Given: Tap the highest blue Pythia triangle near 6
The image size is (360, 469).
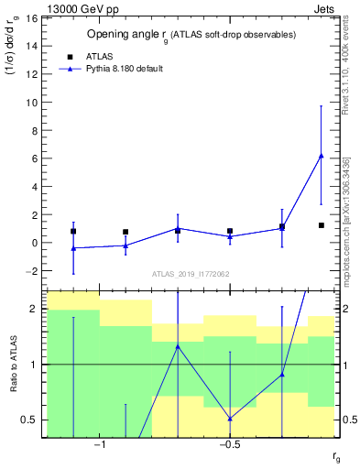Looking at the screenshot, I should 321,156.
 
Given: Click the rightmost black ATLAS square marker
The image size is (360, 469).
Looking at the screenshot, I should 321,225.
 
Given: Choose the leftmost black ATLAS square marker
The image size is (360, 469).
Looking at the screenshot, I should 73,232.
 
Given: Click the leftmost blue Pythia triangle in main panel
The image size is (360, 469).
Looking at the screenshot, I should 73,248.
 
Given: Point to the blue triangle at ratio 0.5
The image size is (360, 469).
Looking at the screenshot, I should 230,419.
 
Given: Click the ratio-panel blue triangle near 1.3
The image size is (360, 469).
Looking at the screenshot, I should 178,346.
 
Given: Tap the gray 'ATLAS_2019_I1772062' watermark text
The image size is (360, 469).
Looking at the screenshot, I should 190,274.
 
